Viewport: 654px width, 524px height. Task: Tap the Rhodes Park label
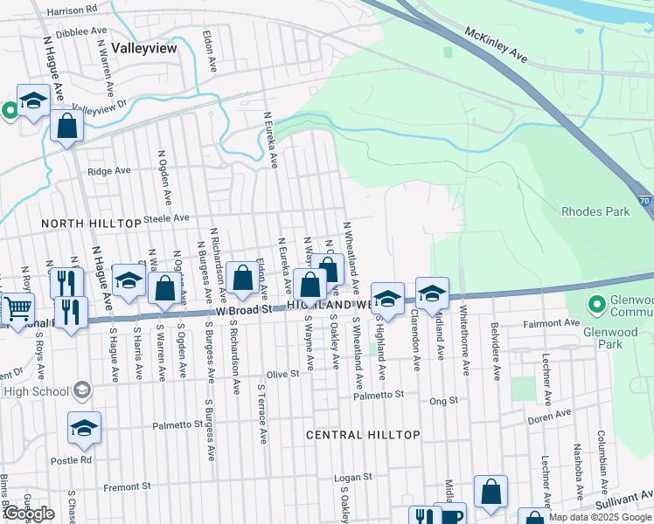[x=595, y=211]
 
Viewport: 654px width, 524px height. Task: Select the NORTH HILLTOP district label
[x=92, y=224]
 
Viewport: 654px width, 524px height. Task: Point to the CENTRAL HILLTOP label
[x=363, y=435]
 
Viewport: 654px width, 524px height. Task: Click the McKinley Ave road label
[x=497, y=45]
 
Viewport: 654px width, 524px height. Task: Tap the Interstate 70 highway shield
[x=644, y=200]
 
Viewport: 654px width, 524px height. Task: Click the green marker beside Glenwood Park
[x=597, y=305]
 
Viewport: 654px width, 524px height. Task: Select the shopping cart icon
[x=17, y=307]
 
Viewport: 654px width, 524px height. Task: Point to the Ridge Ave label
[x=107, y=172]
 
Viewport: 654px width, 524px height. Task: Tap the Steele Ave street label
[x=167, y=217]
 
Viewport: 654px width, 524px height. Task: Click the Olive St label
[x=283, y=373]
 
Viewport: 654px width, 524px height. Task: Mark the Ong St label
[x=444, y=401]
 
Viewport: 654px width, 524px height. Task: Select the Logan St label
[x=354, y=478]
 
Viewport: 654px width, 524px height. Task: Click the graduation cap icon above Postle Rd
[x=84, y=428]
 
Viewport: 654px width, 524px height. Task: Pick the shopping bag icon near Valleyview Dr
[x=66, y=126]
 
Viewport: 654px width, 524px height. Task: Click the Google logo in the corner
[x=29, y=514]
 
